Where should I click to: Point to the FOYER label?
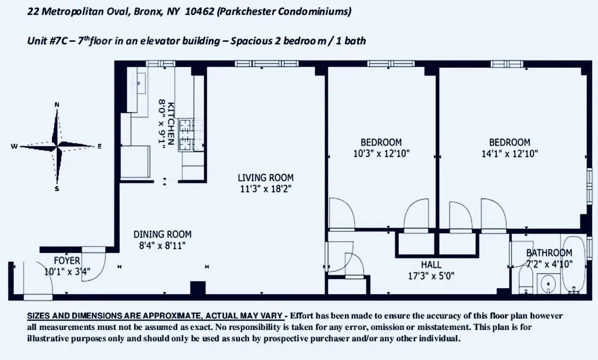click(x=67, y=260)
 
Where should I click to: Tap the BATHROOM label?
click(x=549, y=253)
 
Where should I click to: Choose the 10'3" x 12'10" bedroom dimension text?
click(x=381, y=154)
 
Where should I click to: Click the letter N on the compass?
click(x=57, y=104)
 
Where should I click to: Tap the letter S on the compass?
click(x=57, y=189)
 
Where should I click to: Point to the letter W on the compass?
click(x=14, y=146)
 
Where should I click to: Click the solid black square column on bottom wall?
click(x=198, y=288)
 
